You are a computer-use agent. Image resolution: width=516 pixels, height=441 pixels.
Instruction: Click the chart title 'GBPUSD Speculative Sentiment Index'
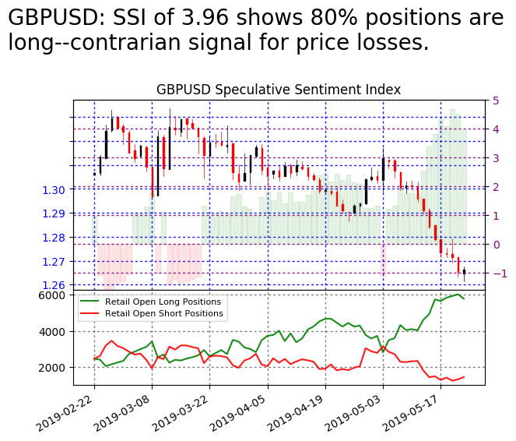click(x=279, y=90)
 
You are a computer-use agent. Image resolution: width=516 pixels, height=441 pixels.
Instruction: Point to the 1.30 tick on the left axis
click(x=57, y=189)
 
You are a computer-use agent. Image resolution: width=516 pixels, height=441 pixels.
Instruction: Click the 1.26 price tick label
click(x=57, y=285)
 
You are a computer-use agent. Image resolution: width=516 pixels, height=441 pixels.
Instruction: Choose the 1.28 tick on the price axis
click(x=57, y=238)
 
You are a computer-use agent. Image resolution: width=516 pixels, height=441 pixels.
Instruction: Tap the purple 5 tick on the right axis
click(x=495, y=101)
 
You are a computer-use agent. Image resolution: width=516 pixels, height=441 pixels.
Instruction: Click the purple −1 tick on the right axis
click(x=497, y=273)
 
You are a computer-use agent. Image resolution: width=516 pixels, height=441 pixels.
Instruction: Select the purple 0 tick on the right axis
click(x=495, y=245)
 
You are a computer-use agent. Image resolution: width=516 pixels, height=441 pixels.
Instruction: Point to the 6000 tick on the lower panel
click(x=54, y=295)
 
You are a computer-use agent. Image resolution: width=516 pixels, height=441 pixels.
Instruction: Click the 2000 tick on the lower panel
click(x=54, y=368)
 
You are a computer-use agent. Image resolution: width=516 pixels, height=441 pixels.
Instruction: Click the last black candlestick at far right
click(x=464, y=272)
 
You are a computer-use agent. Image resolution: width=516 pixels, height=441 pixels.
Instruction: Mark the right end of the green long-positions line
click(x=465, y=299)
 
